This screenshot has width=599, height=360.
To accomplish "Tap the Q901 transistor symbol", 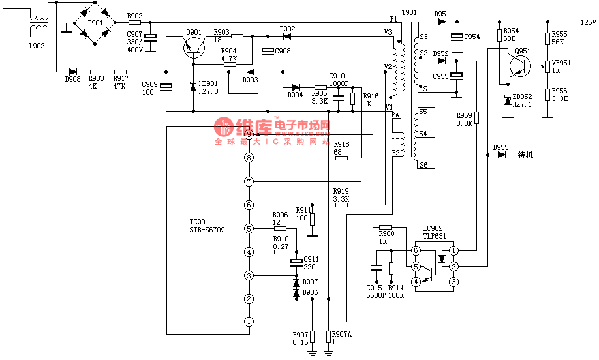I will coord(194,46).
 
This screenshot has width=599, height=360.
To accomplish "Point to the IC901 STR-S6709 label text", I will coord(207,226).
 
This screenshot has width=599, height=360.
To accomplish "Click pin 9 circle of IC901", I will coord(249,134).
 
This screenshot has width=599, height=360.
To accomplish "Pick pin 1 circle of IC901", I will coord(249,322).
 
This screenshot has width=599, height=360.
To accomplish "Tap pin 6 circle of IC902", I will coord(416,250).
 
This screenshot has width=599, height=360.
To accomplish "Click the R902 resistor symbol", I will coord(134,22).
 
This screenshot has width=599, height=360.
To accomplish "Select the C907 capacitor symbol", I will coord(151,38).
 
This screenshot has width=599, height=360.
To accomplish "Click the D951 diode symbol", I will coord(442,22).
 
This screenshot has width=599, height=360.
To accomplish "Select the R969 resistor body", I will coord(476,118).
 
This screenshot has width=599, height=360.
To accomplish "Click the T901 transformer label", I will coord(409,12).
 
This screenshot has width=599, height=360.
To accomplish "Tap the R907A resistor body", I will coord(329,336).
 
